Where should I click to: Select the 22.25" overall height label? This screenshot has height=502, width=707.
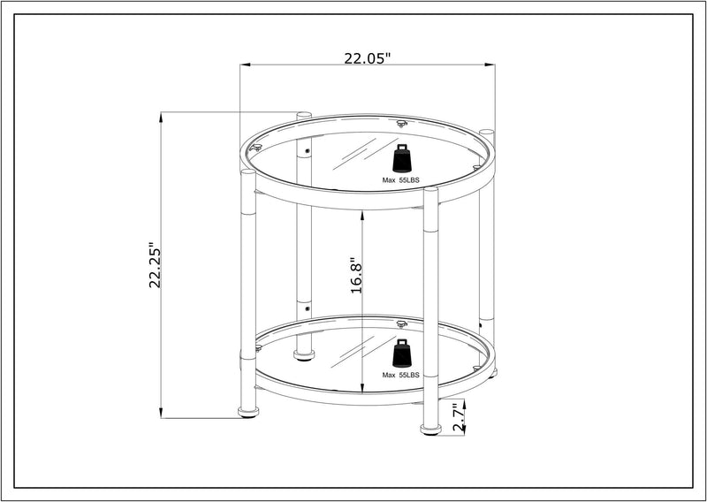pos(156,265)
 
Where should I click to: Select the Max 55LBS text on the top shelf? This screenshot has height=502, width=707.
pos(401,180)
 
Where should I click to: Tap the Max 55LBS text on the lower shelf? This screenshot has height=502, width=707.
pos(401,376)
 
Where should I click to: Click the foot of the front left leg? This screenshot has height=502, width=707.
pos(248,412)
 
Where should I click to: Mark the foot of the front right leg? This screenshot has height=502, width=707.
pos(430,430)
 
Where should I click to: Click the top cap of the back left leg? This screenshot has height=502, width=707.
pos(304,115)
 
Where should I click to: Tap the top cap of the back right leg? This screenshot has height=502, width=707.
pos(486,133)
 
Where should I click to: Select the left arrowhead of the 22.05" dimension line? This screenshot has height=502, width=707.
pos(244,65)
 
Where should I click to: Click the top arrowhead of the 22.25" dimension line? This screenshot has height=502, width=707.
pos(161,116)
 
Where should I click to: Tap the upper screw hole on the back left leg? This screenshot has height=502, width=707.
pos(307,151)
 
